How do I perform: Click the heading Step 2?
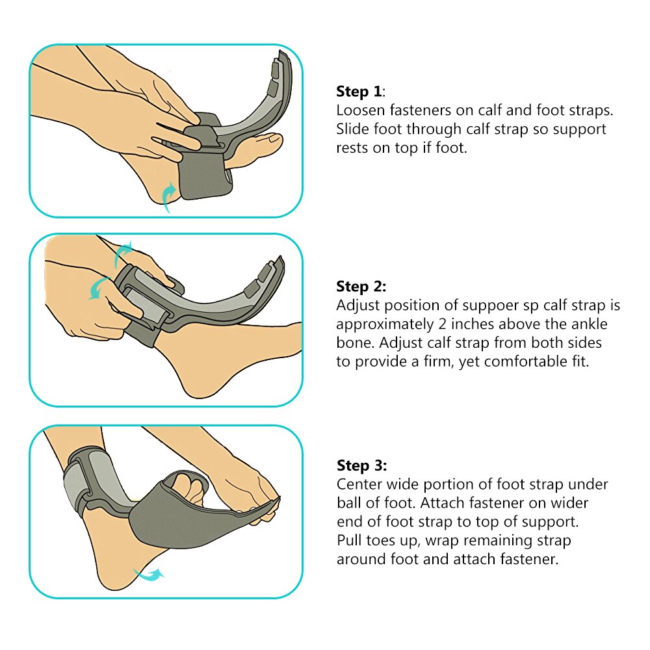point(361,286)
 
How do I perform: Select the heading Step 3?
point(361,465)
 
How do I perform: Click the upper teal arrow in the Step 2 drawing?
point(123,252)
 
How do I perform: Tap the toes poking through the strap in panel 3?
point(188,484)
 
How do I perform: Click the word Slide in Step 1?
point(354,129)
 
